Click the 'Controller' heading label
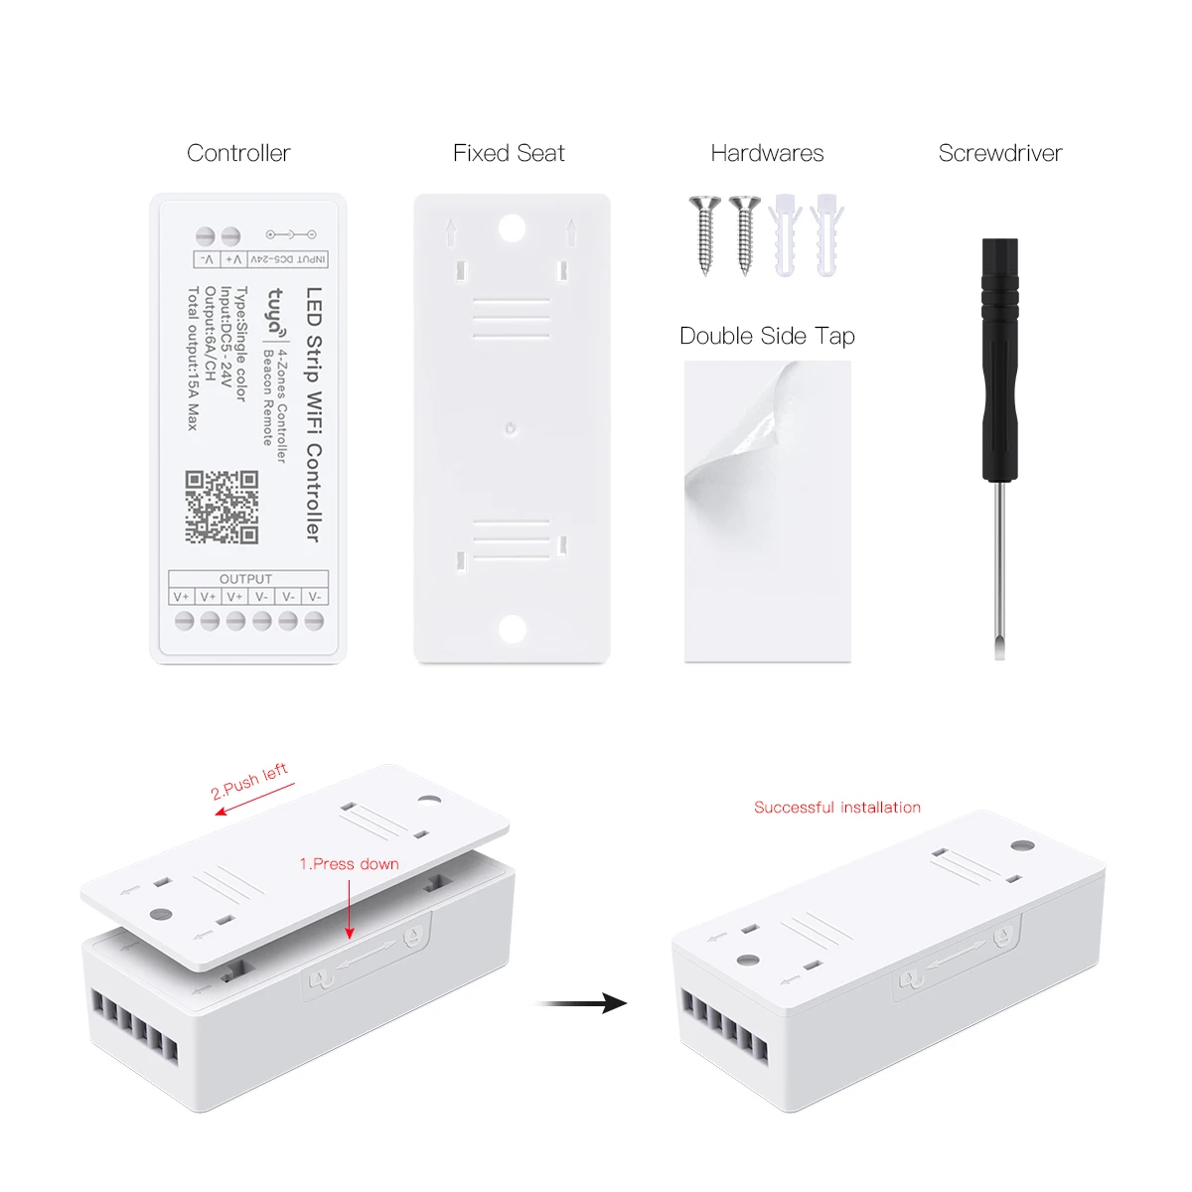coord(238,153)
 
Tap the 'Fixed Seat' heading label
coord(509,153)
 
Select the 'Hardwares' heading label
coord(767,153)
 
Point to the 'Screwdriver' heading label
coord(1000,153)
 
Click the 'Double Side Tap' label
coord(767,336)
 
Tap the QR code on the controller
coord(222,508)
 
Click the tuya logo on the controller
coord(275,311)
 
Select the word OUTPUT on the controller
coord(245,579)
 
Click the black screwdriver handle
coord(1000,358)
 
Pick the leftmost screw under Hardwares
coord(704,233)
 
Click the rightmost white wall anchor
coord(826,234)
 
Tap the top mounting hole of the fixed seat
coord(512,228)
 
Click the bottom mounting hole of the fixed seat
coord(512,628)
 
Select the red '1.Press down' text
coord(349,864)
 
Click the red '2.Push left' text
coord(249,781)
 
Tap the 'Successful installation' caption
coord(837,808)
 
